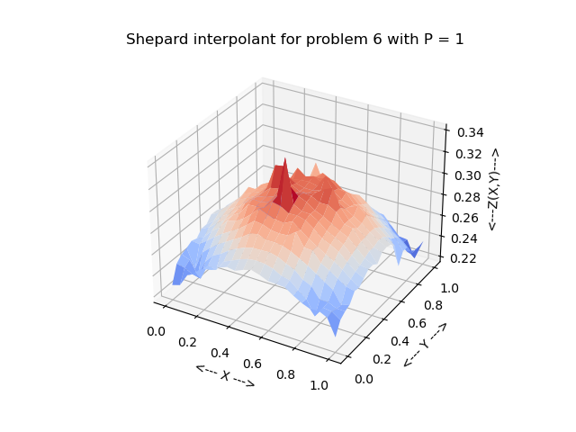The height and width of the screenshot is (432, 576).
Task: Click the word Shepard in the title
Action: (156, 40)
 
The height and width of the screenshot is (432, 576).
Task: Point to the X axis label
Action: (225, 375)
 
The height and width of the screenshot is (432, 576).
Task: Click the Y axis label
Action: (424, 344)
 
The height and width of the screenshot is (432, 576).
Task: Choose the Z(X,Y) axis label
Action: (493, 189)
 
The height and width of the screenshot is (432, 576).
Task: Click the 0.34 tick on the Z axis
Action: (470, 132)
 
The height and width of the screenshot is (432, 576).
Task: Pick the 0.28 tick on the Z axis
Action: (468, 197)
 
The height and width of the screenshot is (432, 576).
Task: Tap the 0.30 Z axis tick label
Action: (469, 176)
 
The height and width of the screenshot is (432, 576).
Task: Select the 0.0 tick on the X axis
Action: (156, 331)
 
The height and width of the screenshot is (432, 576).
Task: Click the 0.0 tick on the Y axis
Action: (364, 379)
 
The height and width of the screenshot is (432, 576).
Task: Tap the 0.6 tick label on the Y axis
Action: (415, 322)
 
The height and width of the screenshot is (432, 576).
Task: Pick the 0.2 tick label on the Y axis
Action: (382, 359)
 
